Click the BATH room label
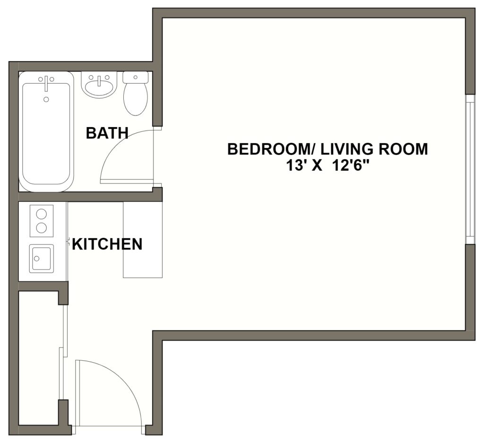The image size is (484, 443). tap(107, 134)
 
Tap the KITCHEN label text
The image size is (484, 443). tap(107, 244)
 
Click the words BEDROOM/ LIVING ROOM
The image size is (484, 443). tap(327, 149)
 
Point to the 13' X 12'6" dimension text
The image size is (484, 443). tap(327, 166)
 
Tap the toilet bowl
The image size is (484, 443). tap(135, 99)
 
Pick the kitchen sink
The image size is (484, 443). tap(41, 258)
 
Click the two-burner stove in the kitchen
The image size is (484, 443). tap(42, 221)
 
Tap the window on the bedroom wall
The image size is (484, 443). tap(469, 169)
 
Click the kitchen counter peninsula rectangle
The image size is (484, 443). tap(143, 240)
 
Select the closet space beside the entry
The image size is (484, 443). tap(39, 359)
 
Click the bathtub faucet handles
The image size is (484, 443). tap(46, 80)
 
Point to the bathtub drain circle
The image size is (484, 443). tap(46, 99)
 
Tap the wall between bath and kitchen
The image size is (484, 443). tap(85, 196)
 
